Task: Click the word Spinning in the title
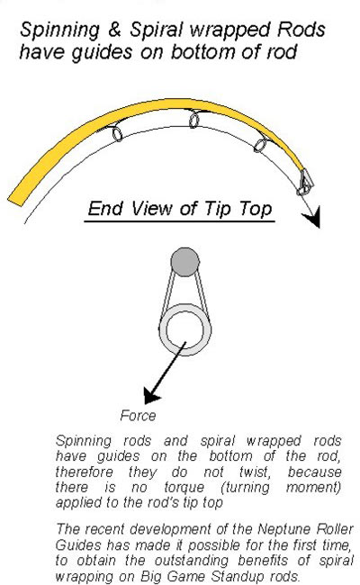pos(59,31)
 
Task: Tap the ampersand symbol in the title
pos(115,30)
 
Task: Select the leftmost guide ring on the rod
pos(117,134)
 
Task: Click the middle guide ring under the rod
pos(194,121)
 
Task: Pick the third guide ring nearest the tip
pos(260,145)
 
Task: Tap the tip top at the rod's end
pos(305,183)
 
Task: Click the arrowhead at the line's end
pos(312,218)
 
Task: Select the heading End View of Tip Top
pos(180,209)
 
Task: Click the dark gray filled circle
pos(185,262)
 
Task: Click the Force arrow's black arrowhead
pos(151,395)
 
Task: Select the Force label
pos(138,416)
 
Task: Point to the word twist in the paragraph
pos(255,472)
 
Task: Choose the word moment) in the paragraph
pos(313,488)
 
